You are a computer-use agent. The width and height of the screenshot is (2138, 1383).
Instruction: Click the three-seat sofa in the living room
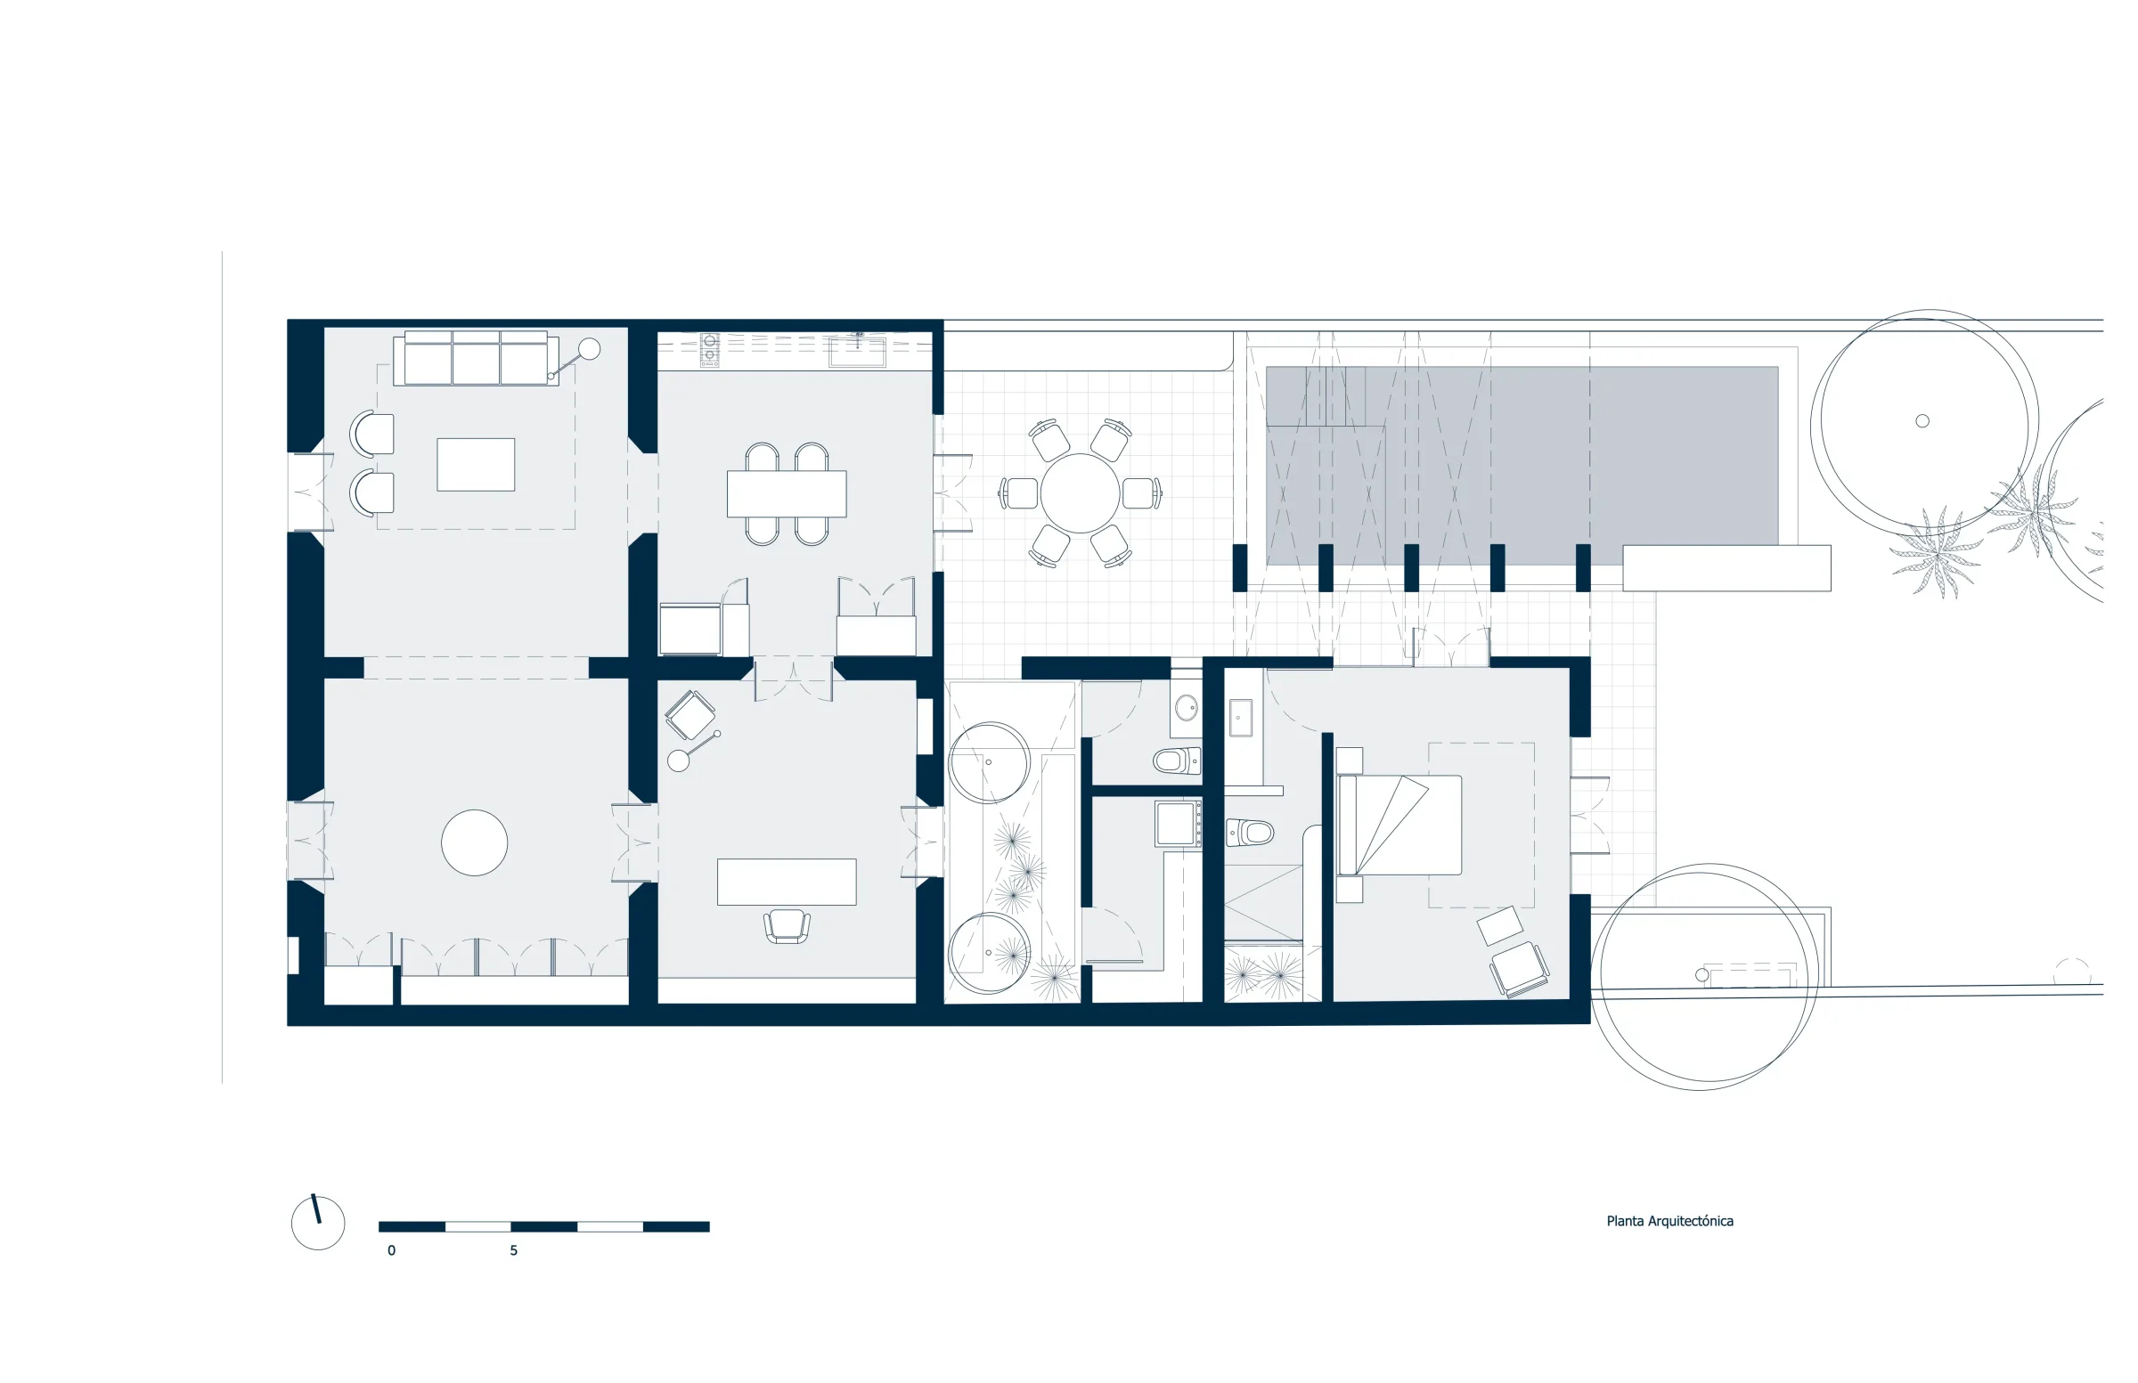click(475, 358)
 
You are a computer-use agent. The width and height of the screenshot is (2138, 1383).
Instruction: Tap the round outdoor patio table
click(1080, 493)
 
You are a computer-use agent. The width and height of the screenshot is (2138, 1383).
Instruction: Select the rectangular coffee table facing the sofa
click(475, 464)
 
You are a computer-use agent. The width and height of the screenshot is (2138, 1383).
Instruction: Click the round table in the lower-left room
click(474, 842)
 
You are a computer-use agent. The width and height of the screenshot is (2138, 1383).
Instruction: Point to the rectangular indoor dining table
click(786, 494)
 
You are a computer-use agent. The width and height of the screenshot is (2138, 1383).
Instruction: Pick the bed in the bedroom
click(1399, 825)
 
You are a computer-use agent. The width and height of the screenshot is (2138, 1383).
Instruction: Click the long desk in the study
click(786, 882)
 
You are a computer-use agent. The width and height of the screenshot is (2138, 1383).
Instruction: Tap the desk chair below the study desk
click(787, 927)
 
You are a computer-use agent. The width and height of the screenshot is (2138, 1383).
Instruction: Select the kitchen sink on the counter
click(857, 351)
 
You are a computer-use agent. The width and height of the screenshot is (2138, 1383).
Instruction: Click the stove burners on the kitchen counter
click(710, 350)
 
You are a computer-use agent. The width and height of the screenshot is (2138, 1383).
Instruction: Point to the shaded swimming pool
click(1522, 465)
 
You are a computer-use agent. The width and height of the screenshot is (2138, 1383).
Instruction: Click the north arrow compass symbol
click(318, 1221)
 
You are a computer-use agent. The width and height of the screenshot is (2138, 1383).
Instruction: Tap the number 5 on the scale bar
click(514, 1250)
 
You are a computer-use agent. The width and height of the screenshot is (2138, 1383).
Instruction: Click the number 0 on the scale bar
click(392, 1250)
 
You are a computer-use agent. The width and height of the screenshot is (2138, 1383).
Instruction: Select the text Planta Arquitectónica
click(1670, 1221)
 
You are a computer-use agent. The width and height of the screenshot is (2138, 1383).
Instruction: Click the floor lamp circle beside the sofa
click(590, 348)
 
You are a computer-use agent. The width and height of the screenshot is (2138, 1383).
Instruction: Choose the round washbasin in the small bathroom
click(1187, 708)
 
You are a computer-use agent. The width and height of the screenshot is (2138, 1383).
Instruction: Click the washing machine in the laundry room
click(1178, 824)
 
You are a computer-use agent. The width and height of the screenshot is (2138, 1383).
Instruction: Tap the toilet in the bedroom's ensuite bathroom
click(1250, 833)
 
